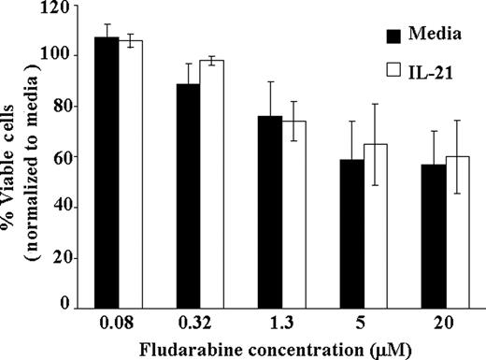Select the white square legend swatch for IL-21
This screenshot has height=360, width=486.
coord(393,66)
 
